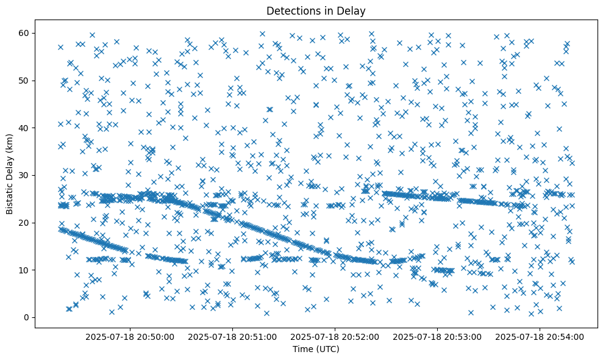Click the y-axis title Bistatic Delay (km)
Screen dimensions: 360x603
tap(10, 173)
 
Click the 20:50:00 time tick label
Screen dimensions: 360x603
tap(130, 336)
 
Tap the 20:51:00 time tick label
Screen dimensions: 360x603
tap(232, 336)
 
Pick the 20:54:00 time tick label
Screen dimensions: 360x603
tap(540, 336)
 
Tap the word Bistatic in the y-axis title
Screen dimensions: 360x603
tap(10, 197)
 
